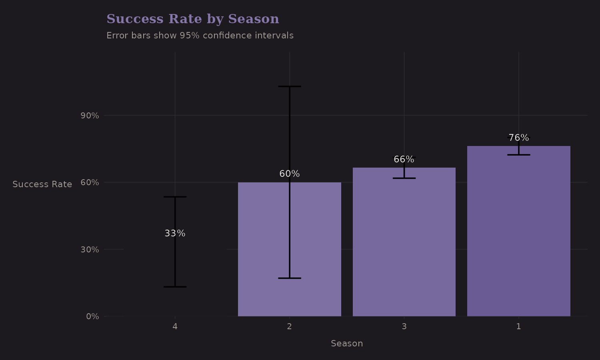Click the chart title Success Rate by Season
pos(192,19)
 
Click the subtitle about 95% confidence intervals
pos(200,36)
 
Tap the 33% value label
pos(175,234)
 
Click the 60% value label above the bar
pos(289,174)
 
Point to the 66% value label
pos(404,160)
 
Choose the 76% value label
pos(518,138)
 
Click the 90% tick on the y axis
pos(90,116)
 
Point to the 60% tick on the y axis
pos(90,182)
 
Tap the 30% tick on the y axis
pos(90,250)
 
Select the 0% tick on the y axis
pos(92,316)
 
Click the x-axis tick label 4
pos(175,326)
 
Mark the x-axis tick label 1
pos(518,326)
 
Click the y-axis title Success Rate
pos(42,184)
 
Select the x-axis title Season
pos(347,344)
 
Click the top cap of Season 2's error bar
pos(289,86)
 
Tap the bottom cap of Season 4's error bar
pos(175,287)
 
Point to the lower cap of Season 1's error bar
pos(518,155)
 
